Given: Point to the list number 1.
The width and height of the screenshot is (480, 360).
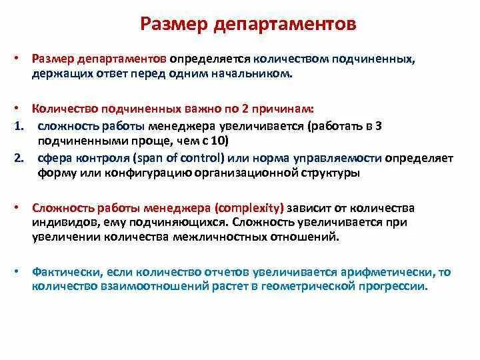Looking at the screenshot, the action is [19, 126].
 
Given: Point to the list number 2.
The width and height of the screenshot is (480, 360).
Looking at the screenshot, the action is [19, 158].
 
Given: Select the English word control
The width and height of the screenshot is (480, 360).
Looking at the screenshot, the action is [200, 158].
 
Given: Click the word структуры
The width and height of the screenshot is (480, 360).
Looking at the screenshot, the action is [330, 173].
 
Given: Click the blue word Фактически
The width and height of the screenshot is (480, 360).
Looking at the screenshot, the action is [67, 272].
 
